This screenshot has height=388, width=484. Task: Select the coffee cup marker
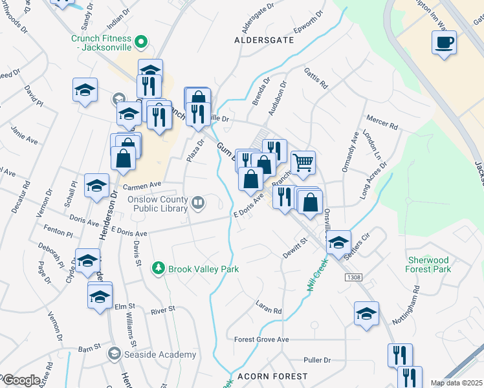pos(445,43)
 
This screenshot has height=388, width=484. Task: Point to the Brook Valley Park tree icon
pos(157,268)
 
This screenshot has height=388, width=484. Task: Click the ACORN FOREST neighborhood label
pos(267,376)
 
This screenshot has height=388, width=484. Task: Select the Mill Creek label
pos(314,272)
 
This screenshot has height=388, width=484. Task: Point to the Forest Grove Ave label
pos(261,339)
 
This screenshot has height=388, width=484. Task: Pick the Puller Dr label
pos(317,360)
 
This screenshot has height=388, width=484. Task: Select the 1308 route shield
pos(353,277)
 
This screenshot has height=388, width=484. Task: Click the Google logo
pos(21,380)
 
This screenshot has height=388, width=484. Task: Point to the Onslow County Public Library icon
pos(197,204)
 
